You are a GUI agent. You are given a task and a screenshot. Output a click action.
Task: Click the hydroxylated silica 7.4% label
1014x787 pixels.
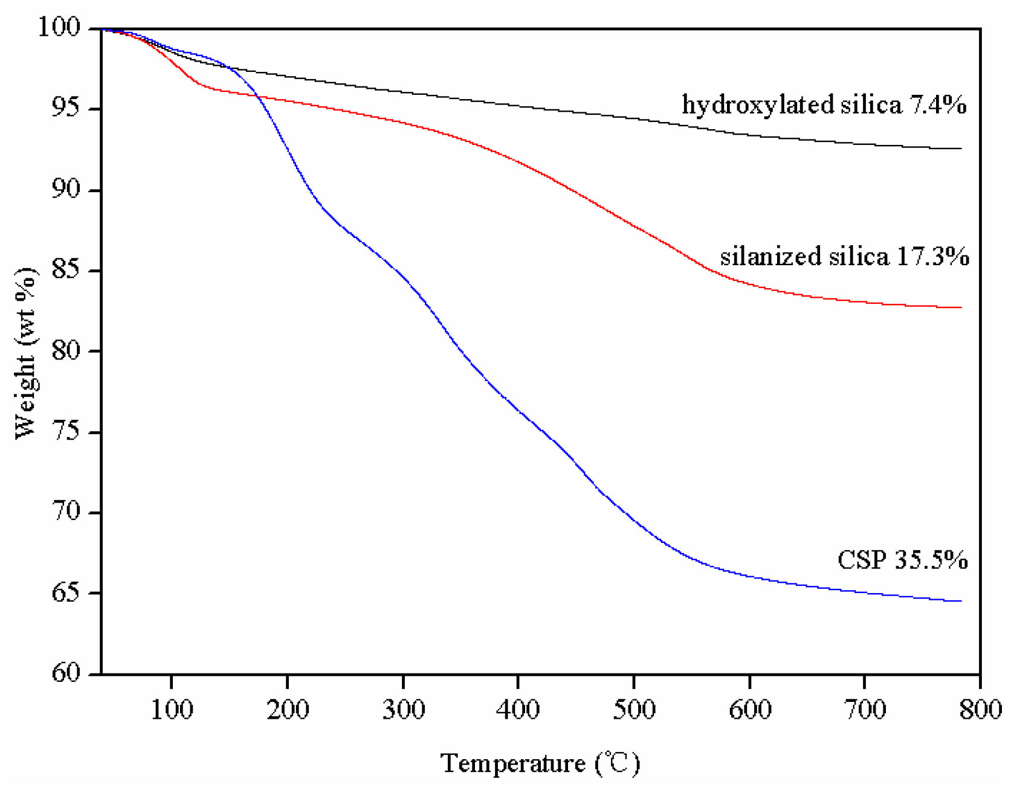[x=824, y=105]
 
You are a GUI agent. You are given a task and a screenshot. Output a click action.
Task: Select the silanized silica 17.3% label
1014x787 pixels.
[x=844, y=257]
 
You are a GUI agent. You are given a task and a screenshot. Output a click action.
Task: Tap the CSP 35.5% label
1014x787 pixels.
[x=902, y=560]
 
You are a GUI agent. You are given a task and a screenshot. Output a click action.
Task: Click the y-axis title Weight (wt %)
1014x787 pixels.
[x=25, y=353]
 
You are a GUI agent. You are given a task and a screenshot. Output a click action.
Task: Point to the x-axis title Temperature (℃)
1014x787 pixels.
[x=540, y=764]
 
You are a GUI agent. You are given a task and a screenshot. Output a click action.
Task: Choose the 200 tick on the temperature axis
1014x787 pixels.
[x=288, y=709]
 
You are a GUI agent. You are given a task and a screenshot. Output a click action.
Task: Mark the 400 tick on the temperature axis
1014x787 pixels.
[x=518, y=709]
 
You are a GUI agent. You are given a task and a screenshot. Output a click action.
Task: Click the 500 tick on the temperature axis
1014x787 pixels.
[x=634, y=709]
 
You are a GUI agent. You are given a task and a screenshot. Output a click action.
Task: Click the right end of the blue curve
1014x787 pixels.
[x=961, y=601]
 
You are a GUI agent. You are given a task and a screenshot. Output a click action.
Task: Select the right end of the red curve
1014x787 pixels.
[x=961, y=307]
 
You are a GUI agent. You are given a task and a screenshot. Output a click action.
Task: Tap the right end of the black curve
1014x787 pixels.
[x=961, y=149]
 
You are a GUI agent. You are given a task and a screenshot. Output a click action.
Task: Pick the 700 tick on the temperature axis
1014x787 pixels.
[x=865, y=709]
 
